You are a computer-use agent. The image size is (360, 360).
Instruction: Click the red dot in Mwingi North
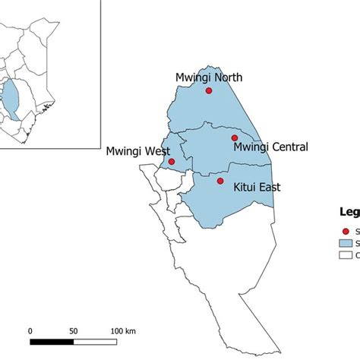coord(209,90)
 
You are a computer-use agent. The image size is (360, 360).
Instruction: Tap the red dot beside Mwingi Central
coord(235,138)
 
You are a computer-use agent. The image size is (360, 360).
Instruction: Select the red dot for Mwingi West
coord(172,161)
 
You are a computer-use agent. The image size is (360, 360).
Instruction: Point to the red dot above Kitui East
coord(220,181)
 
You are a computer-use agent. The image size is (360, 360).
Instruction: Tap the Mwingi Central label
coord(270,147)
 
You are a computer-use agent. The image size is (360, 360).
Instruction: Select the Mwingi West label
coord(137,152)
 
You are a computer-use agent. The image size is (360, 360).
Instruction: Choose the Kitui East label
coord(257,187)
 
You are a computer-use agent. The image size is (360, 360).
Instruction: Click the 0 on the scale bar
coord(30,331)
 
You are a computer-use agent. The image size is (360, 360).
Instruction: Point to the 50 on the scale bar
coord(74,331)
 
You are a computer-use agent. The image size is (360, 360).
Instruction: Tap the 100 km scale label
coord(123,331)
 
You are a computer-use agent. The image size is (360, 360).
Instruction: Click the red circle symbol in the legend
coord(346,230)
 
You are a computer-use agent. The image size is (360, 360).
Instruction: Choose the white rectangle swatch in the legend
coord(348,256)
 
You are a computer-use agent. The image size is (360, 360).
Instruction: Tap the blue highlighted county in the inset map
coord(14,99)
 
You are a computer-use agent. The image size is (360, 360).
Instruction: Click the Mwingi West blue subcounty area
coord(169,148)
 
